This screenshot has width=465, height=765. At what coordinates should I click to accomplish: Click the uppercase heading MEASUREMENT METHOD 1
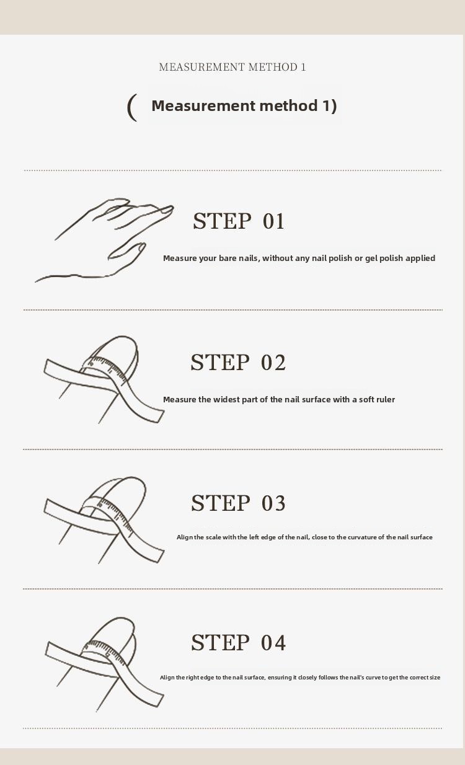click(232, 67)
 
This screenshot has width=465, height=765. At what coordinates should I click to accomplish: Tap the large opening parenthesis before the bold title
click(132, 107)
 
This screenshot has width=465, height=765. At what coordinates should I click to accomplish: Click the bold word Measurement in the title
click(203, 105)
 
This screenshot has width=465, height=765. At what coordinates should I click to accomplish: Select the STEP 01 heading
click(239, 221)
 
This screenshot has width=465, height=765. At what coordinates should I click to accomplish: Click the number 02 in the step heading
click(273, 362)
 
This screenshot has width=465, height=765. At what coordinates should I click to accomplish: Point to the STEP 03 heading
click(238, 503)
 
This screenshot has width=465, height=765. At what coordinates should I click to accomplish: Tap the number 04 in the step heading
click(273, 642)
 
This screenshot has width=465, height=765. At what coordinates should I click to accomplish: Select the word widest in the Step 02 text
click(226, 400)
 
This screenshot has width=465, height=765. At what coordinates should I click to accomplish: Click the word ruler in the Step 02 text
click(386, 400)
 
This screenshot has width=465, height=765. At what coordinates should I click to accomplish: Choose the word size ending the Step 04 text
click(435, 677)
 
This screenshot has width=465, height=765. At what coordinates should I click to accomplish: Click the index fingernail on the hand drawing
click(167, 210)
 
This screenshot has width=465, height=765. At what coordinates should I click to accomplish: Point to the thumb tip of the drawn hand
click(141, 246)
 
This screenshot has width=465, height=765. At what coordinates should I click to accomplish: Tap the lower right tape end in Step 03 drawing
click(161, 555)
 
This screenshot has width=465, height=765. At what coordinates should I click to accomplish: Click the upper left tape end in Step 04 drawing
click(48, 648)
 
